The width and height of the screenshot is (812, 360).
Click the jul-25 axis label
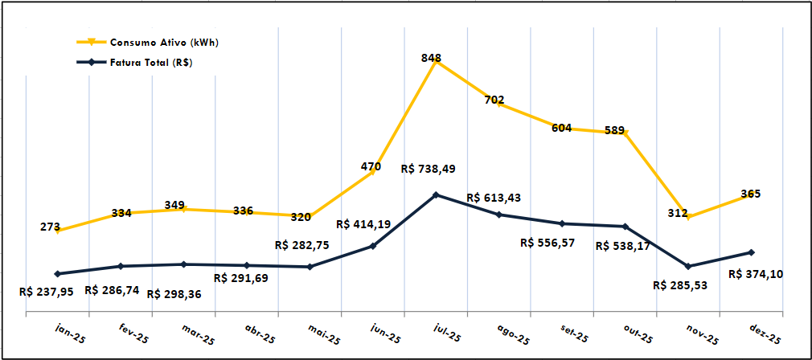click(x=447, y=333)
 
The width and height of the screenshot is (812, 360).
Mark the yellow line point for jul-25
click(x=436, y=62)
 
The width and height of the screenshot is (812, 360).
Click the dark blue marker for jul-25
click(x=436, y=194)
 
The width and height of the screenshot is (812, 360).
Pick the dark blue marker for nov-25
click(x=688, y=266)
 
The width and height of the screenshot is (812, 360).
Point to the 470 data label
click(x=371, y=167)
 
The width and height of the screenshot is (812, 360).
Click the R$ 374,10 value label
click(x=756, y=274)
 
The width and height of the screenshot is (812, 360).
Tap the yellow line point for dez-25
click(x=752, y=194)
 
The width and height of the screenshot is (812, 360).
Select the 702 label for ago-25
click(x=494, y=100)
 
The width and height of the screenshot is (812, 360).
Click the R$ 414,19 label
click(x=363, y=224)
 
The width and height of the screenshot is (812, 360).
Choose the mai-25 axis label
click(x=321, y=333)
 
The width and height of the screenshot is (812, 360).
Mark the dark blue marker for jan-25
click(x=57, y=273)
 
